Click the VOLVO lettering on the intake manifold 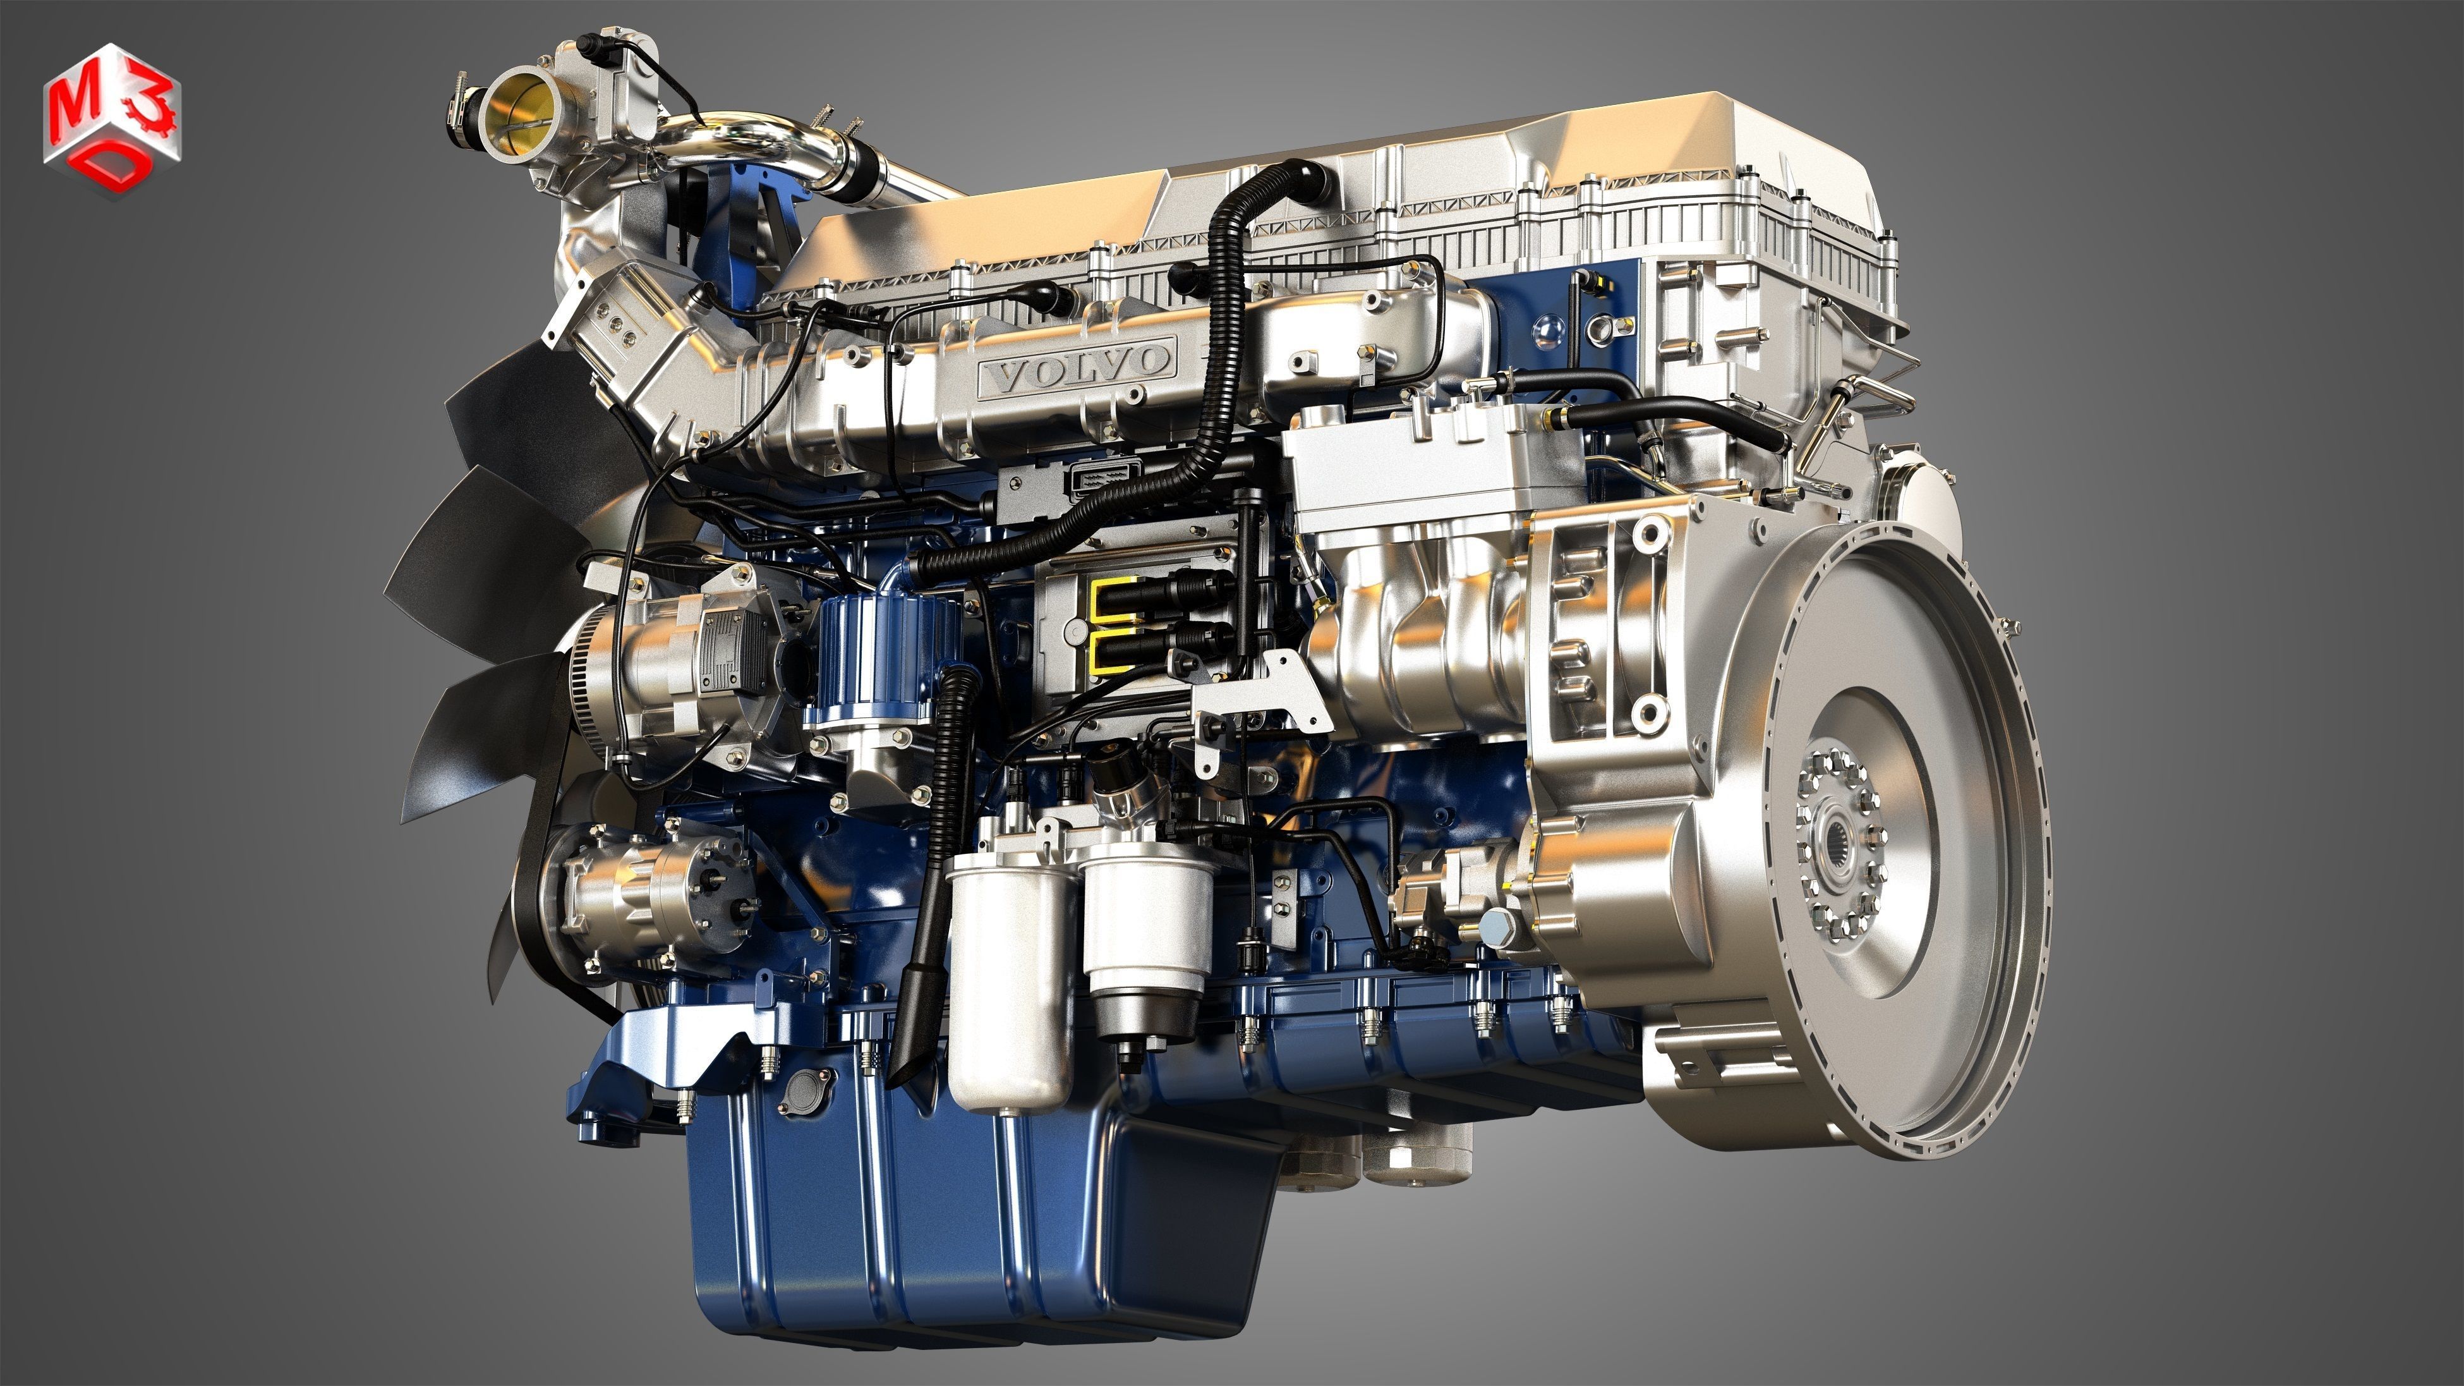(x=1078, y=363)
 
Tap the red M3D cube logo (x=110, y=119)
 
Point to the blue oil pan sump (x=957, y=1215)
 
